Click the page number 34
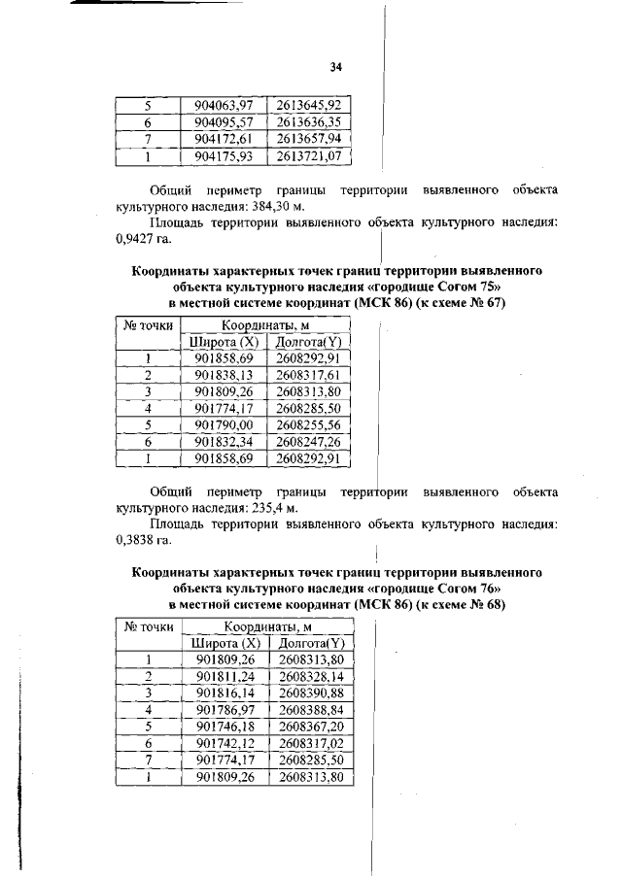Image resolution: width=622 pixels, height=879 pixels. [x=335, y=67]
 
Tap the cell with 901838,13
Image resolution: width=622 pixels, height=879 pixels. [x=224, y=374]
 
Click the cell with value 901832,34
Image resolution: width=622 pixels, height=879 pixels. [x=224, y=442]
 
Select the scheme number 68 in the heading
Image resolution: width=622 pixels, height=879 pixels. [x=494, y=604]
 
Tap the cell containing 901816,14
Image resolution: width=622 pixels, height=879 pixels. [x=225, y=693]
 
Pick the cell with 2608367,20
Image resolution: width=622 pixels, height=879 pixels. [x=311, y=727]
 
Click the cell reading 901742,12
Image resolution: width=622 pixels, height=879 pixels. [x=225, y=743]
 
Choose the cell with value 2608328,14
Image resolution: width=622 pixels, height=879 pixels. [x=311, y=676]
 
